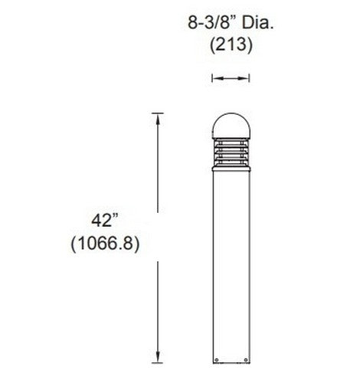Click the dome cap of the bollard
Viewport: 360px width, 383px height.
231,126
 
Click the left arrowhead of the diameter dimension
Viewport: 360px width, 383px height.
215,77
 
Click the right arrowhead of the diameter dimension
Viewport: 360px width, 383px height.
247,77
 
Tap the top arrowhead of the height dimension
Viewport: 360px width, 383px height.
159,116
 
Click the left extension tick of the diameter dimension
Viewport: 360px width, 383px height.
212,77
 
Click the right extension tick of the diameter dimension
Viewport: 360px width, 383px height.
250,77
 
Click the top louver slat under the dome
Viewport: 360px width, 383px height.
231,141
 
